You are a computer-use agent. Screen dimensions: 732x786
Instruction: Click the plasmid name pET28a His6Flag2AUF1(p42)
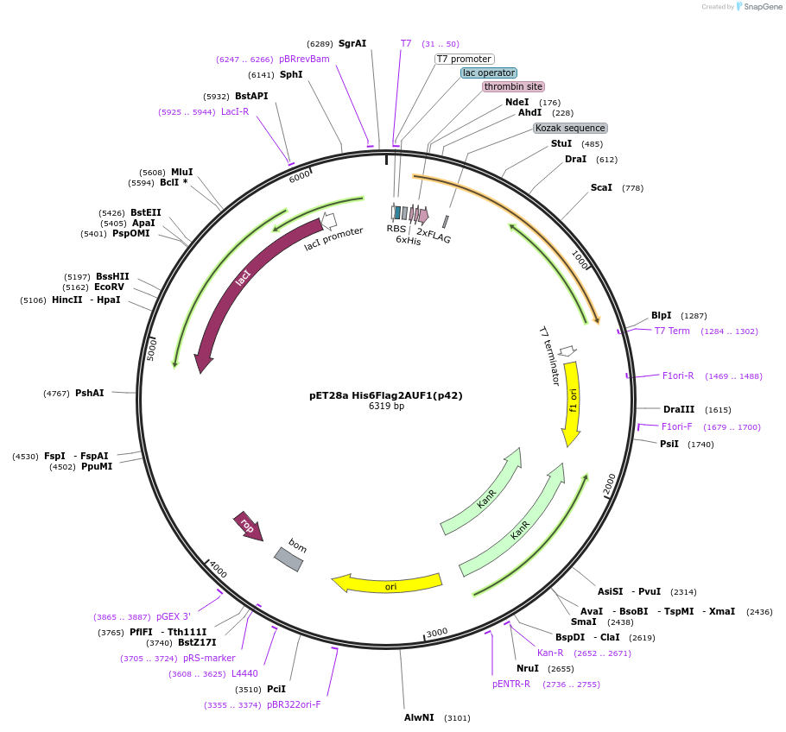point(386,395)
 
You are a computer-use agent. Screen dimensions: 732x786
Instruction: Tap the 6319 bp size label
point(386,406)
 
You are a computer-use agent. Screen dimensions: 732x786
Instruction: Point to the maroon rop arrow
point(249,526)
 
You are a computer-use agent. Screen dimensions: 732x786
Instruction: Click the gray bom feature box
point(288,558)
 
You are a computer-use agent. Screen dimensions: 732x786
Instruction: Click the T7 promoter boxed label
point(465,59)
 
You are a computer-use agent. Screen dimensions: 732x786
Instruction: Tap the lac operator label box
point(489,73)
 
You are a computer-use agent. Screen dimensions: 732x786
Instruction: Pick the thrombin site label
point(513,86)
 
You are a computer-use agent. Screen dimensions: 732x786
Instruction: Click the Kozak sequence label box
point(570,128)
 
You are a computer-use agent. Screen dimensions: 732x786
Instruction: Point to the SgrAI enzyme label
point(352,43)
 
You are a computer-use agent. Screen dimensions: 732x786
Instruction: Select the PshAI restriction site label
point(90,393)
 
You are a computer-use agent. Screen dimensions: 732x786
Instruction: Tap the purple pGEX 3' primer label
point(173,616)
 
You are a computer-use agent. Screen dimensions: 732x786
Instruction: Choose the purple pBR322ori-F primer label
point(294,704)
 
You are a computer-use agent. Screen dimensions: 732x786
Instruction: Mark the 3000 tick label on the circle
point(437,633)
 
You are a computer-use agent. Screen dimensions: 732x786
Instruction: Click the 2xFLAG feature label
point(434,235)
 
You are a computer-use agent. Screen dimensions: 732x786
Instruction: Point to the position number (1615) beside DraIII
point(718,410)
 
